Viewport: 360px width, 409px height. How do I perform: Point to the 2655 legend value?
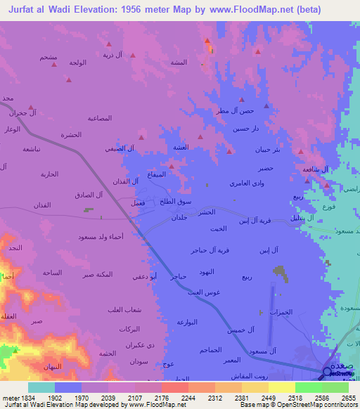pos(348,397)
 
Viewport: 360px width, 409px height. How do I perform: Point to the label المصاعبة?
pos(100,117)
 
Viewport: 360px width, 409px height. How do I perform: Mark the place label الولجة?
pos(77,63)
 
